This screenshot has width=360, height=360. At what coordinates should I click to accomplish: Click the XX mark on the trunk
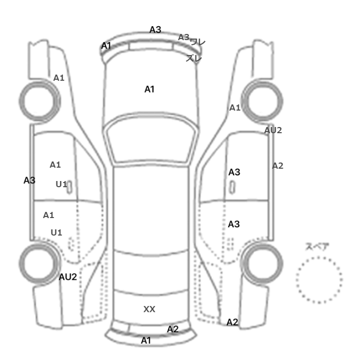click(x=149, y=309)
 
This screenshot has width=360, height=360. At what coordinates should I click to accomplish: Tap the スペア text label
click(x=317, y=246)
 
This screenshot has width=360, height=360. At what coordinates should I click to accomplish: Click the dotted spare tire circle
click(x=319, y=279)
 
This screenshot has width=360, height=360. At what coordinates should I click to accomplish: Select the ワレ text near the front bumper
click(x=198, y=42)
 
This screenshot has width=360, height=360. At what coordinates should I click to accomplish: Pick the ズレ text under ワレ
click(x=194, y=58)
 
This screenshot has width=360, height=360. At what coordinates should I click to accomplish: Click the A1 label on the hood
click(x=149, y=89)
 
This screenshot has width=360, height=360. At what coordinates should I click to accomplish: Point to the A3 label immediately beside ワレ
click(x=184, y=37)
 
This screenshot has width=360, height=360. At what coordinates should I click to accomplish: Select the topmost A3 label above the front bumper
click(x=155, y=30)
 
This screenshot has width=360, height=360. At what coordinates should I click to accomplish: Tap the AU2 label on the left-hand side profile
click(x=67, y=277)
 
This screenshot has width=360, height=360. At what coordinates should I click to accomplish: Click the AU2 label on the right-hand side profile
click(x=273, y=130)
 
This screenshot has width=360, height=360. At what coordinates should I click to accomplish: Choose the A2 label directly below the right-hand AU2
click(x=278, y=166)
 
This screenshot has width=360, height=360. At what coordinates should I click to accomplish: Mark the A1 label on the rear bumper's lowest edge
click(x=146, y=340)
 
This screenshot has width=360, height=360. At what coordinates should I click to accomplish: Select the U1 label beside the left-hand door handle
click(x=61, y=184)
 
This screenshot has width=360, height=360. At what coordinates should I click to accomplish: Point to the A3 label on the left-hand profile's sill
click(x=29, y=181)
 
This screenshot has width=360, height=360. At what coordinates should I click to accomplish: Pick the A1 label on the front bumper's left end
click(x=106, y=46)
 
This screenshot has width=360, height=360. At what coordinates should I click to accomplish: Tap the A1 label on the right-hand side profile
click(x=235, y=108)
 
